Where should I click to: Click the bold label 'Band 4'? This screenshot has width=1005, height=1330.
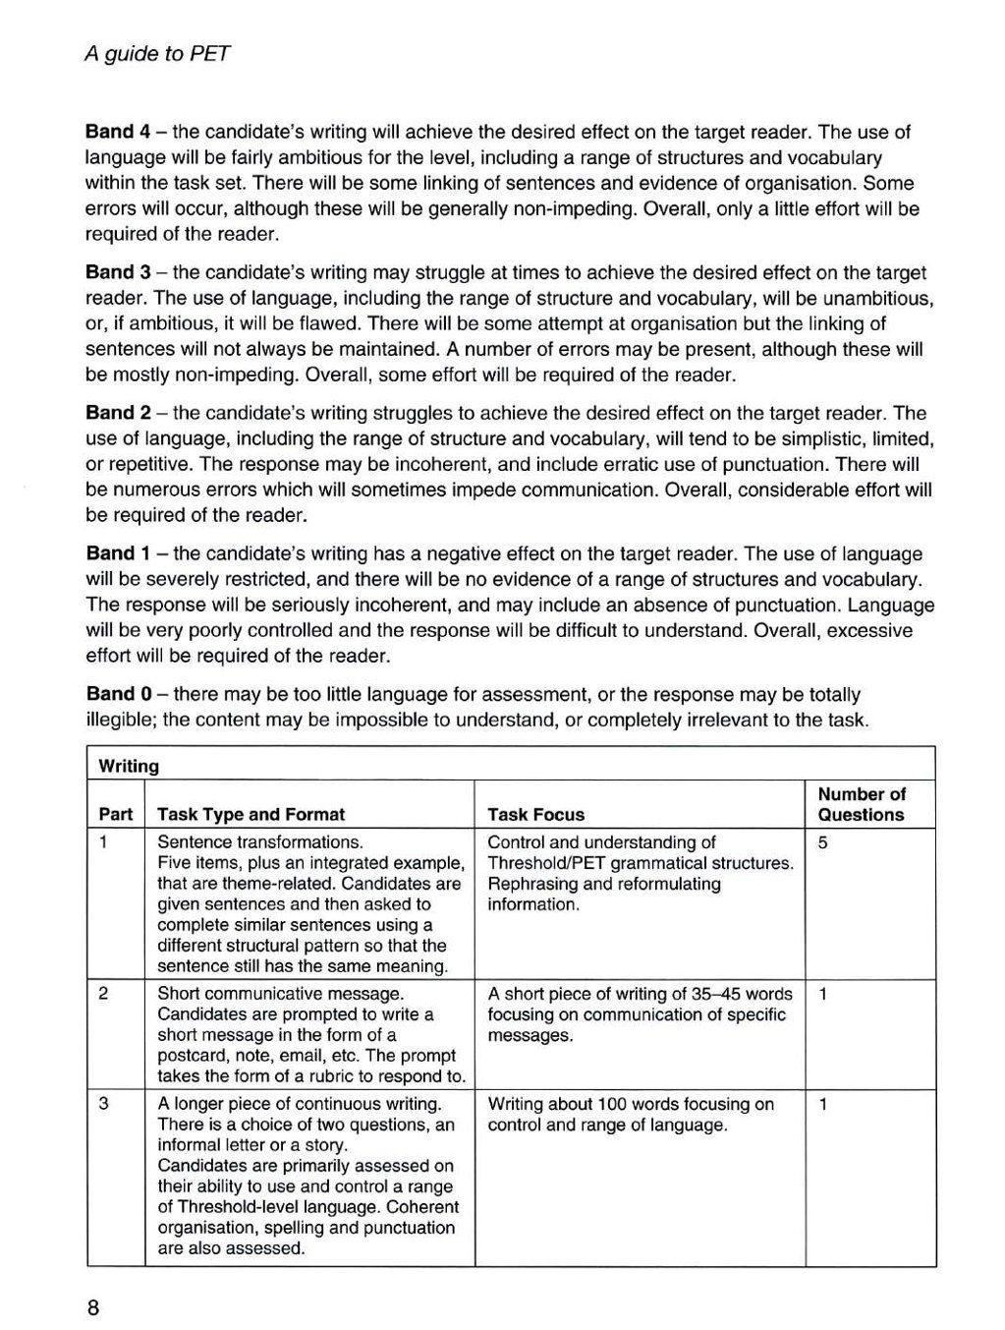pos(110,132)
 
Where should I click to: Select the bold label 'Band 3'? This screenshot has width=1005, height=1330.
pos(110,272)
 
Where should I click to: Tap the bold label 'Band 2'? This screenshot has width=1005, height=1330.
pos(110,413)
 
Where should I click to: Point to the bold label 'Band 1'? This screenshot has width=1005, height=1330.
pos(110,553)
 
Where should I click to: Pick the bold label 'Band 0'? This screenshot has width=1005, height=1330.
pos(110,694)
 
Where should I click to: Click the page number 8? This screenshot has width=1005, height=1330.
pos(93,1308)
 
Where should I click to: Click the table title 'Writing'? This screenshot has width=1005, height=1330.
pos(128,766)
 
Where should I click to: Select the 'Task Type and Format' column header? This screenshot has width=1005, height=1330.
pos(251,814)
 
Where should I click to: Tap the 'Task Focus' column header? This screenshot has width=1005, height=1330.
pos(535,814)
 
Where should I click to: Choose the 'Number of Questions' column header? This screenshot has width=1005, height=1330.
pos(862,804)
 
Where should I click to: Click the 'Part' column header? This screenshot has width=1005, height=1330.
pos(116,814)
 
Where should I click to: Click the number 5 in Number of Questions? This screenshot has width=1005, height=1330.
pos(823,842)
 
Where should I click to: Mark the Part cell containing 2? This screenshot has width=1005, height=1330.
pos(104,994)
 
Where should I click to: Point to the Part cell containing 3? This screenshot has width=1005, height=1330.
pos(104,1104)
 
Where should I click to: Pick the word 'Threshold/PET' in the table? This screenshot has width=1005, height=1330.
pos(545,863)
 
